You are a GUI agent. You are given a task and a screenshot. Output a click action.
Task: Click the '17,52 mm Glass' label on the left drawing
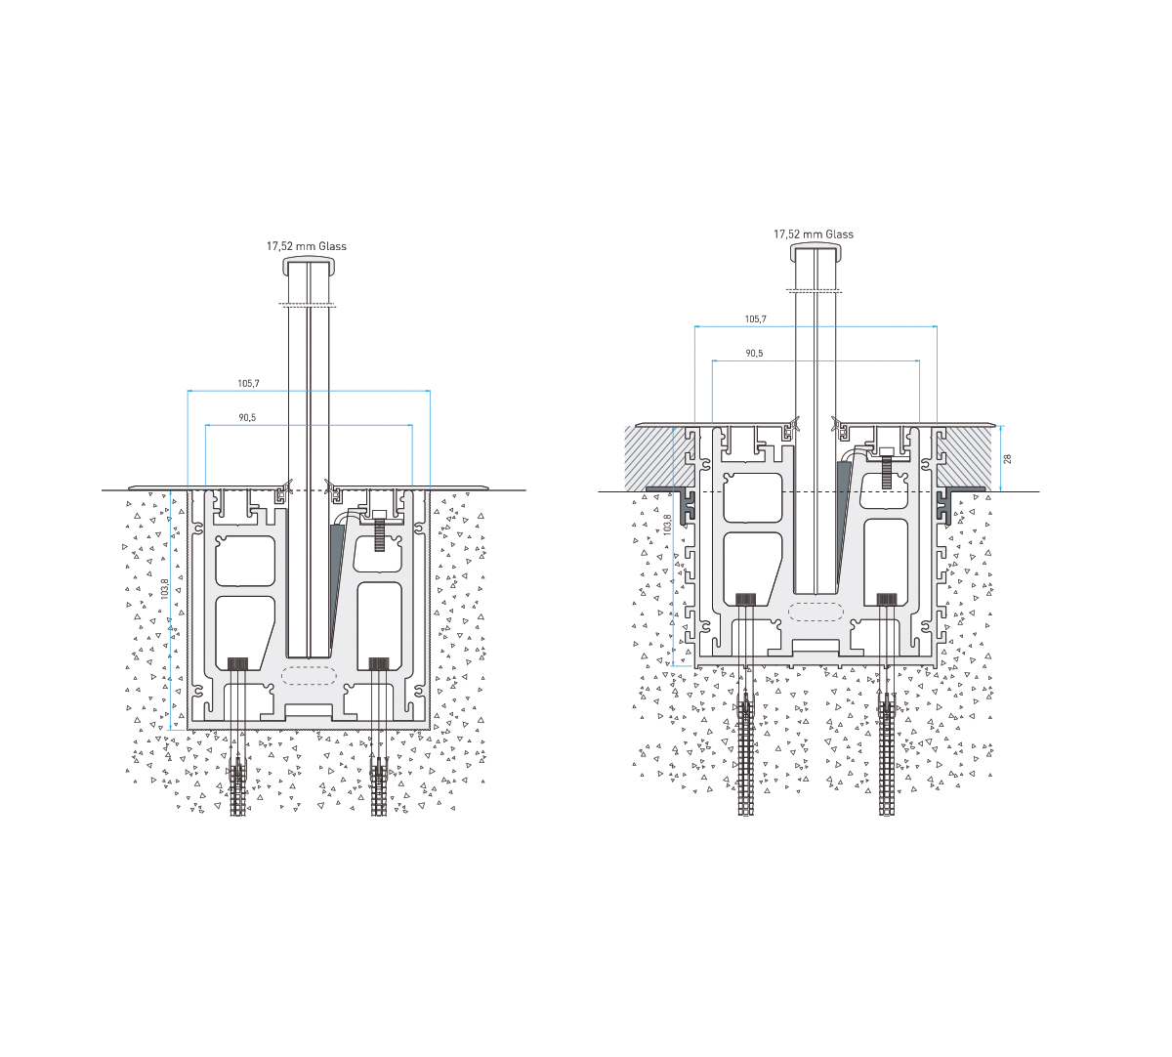306,246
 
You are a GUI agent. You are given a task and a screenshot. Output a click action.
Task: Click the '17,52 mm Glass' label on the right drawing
814,233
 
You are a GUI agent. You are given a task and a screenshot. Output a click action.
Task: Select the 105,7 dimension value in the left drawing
248,384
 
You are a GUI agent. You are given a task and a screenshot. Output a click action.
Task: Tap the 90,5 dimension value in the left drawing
247,417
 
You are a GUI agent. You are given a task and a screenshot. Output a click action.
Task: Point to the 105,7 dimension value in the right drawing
755,319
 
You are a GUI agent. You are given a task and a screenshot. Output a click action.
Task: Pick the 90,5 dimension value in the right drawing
754,353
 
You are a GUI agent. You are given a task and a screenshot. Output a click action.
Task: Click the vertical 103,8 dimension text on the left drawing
165,589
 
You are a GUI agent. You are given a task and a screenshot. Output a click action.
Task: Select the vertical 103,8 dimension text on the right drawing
668,525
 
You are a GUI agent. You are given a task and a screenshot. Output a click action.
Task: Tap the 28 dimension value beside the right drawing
1007,459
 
